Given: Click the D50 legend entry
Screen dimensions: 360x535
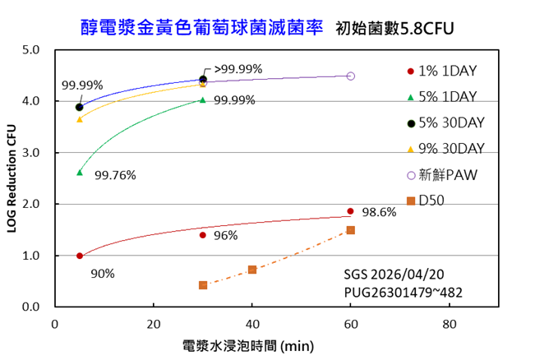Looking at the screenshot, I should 431,200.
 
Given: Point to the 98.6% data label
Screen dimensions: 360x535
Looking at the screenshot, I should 379,212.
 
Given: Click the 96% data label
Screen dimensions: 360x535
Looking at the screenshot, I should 225,236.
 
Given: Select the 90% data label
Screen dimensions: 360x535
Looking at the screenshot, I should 103,273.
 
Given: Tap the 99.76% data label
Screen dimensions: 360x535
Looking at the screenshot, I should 115,175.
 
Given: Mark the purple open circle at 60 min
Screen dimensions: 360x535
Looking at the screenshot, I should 351,76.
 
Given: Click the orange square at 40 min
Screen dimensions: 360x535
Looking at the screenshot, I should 252,270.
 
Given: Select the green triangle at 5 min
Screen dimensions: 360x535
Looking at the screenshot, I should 80,172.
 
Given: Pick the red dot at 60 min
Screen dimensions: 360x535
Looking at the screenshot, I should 351,211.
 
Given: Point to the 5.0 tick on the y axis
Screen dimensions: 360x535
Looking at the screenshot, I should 32,50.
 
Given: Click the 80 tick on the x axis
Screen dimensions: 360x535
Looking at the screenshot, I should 450,322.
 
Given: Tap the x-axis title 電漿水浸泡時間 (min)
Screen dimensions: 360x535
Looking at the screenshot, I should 249,346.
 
